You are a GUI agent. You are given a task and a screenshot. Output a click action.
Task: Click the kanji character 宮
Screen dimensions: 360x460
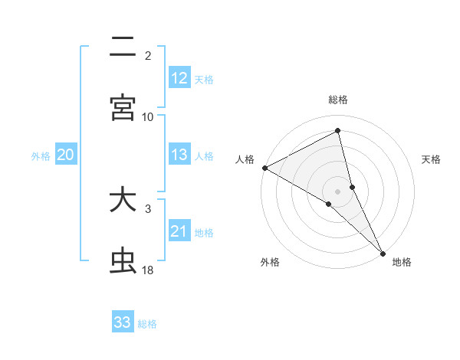point(123,107)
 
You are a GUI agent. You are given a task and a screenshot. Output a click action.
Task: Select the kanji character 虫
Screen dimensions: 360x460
point(123,261)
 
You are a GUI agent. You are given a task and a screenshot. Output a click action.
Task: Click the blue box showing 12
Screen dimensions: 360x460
point(179,77)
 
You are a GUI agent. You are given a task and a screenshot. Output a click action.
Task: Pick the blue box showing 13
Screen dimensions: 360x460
point(179,155)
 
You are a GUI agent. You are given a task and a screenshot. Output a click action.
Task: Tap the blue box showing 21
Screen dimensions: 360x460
point(179,231)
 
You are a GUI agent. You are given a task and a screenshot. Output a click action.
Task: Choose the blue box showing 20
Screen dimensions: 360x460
point(65,155)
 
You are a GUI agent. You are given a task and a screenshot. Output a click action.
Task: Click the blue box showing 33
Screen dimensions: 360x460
point(123,322)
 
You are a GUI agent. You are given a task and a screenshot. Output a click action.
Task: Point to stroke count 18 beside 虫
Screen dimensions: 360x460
point(147,270)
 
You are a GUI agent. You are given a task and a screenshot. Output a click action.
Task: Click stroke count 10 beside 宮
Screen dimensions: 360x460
point(148,116)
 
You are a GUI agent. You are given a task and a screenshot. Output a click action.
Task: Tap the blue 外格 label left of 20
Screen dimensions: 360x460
point(41,155)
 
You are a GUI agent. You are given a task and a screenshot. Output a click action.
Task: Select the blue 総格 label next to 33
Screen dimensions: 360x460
point(147,323)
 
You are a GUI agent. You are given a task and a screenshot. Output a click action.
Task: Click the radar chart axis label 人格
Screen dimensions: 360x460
point(245,159)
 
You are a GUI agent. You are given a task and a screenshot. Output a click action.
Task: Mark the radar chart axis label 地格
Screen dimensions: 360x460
point(402,262)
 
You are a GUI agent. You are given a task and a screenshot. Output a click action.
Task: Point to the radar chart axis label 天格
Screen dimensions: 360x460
point(432,159)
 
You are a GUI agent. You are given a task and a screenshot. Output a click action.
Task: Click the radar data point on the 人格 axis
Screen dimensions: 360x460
point(264,168)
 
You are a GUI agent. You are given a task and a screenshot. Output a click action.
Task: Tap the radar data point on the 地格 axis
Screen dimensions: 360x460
point(383,252)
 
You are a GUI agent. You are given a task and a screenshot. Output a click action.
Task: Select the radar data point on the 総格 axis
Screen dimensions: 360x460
point(338,131)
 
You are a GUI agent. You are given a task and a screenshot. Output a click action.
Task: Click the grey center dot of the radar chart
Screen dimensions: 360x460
point(338,191)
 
